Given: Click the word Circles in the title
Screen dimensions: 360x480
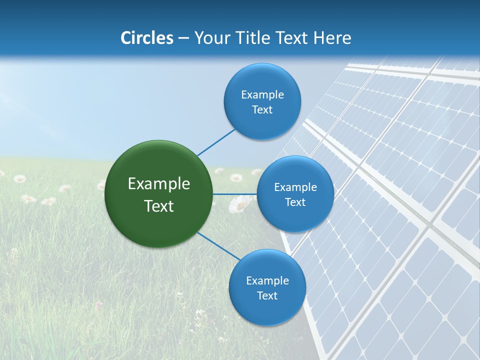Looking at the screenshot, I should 147,38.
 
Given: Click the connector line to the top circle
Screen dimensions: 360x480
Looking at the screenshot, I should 216,142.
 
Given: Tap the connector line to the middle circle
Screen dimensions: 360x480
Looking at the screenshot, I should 235,194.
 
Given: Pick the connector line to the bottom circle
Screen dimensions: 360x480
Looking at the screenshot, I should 219,246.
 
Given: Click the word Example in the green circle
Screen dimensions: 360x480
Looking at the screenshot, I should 159,184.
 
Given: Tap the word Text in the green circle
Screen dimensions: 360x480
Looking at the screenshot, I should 159,206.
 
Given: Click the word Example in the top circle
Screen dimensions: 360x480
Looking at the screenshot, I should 262,95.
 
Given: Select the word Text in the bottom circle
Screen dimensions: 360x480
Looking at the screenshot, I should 267,296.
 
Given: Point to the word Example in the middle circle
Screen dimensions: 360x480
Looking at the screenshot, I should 295,187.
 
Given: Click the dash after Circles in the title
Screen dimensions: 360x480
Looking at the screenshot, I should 183,38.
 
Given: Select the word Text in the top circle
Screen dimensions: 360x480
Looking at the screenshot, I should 262,110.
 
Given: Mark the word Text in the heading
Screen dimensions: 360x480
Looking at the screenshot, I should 292,38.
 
